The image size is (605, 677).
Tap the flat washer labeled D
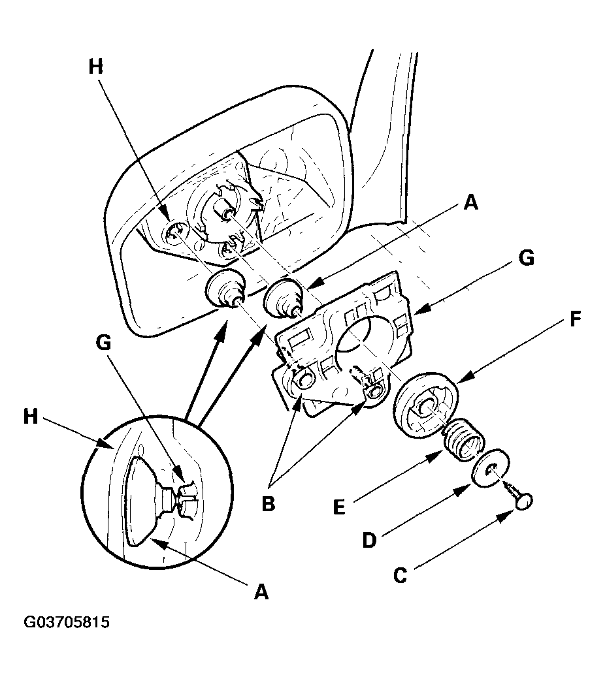[x=491, y=469]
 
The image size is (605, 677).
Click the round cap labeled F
[x=426, y=405]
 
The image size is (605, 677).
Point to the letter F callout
[x=575, y=319]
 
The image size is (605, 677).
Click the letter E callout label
[x=340, y=507]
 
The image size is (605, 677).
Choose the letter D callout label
[x=370, y=540]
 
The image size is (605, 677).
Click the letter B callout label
[x=268, y=503]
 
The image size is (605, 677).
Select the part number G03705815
[x=67, y=622]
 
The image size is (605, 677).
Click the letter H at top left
[x=96, y=67]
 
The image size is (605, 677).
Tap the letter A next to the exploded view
[x=470, y=202]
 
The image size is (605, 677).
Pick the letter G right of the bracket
[x=527, y=258]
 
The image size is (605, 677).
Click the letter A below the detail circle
[x=261, y=591]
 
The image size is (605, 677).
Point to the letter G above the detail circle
[x=103, y=343]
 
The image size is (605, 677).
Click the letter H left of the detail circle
[x=31, y=417]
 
